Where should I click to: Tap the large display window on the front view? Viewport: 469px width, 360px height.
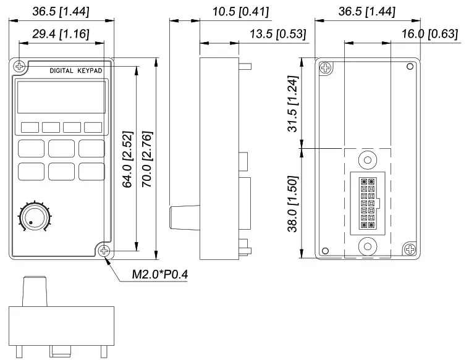tap(62, 97)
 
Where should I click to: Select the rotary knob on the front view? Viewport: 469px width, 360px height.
tap(35, 217)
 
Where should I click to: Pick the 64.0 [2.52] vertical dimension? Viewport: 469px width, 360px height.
tap(127, 157)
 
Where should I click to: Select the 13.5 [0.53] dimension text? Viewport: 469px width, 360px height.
tap(278, 35)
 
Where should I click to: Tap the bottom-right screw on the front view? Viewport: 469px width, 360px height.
tap(104, 251)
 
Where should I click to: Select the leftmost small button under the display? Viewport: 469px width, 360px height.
tap(30, 127)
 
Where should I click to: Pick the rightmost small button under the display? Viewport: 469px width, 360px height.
tap(93, 127)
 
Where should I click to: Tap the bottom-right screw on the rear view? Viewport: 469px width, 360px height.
tap(410, 249)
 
